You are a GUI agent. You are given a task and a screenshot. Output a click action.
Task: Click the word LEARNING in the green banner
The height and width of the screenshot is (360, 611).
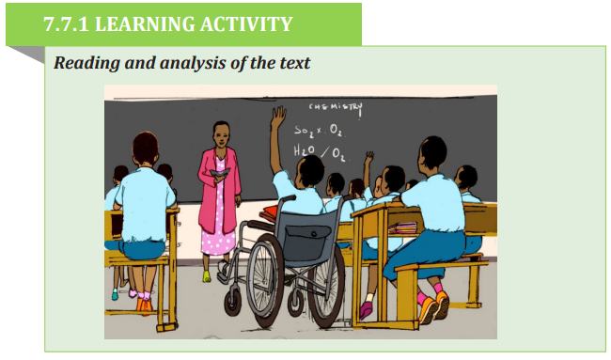point(144,24)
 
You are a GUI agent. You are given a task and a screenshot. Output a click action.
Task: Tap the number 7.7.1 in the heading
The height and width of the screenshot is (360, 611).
point(66,24)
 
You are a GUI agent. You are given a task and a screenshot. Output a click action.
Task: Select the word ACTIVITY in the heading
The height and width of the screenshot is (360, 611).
point(246,24)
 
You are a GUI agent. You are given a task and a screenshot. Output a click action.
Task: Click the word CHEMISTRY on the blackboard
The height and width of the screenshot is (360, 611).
point(336,107)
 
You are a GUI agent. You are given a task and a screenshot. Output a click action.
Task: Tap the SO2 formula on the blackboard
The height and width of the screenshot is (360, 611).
point(304,131)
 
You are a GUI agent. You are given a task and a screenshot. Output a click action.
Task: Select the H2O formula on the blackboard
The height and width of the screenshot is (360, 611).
point(305,150)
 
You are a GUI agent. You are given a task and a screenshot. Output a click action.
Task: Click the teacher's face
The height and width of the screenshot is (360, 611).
point(221,134)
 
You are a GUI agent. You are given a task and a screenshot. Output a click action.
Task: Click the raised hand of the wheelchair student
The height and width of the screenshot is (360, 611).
point(278,117)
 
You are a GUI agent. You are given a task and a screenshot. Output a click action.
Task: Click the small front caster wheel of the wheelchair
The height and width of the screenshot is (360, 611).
point(233,303)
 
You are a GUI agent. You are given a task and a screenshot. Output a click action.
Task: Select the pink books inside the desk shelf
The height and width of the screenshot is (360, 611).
point(402,227)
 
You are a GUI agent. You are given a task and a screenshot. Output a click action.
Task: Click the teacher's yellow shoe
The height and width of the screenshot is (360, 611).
point(207,276)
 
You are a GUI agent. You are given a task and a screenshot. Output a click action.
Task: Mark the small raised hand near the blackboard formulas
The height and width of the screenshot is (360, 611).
point(368,157)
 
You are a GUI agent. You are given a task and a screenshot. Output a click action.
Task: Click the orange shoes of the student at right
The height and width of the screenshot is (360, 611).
point(434,306)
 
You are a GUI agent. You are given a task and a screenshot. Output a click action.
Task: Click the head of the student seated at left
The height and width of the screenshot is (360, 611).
point(146,149)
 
